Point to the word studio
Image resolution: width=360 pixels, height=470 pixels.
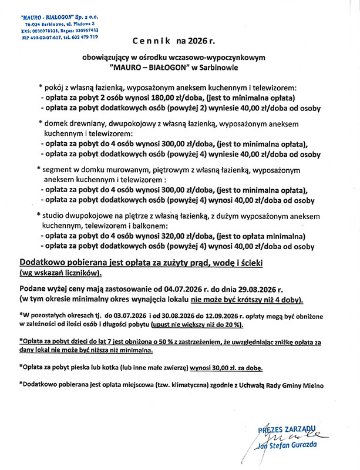[56, 214]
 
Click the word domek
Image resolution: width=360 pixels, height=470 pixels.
[58, 125]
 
